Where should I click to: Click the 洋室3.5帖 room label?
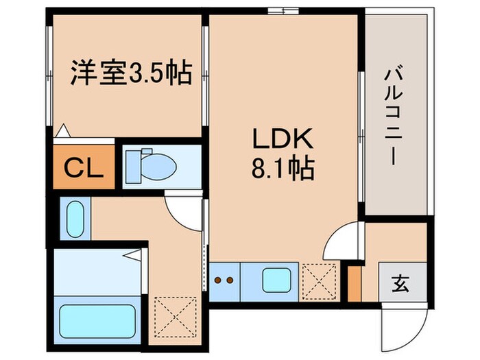(130, 73)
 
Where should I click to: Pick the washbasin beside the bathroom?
(74, 218)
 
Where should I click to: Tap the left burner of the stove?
(218, 280)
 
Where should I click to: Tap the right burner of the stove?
(230, 280)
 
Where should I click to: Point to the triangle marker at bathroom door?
(134, 256)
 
